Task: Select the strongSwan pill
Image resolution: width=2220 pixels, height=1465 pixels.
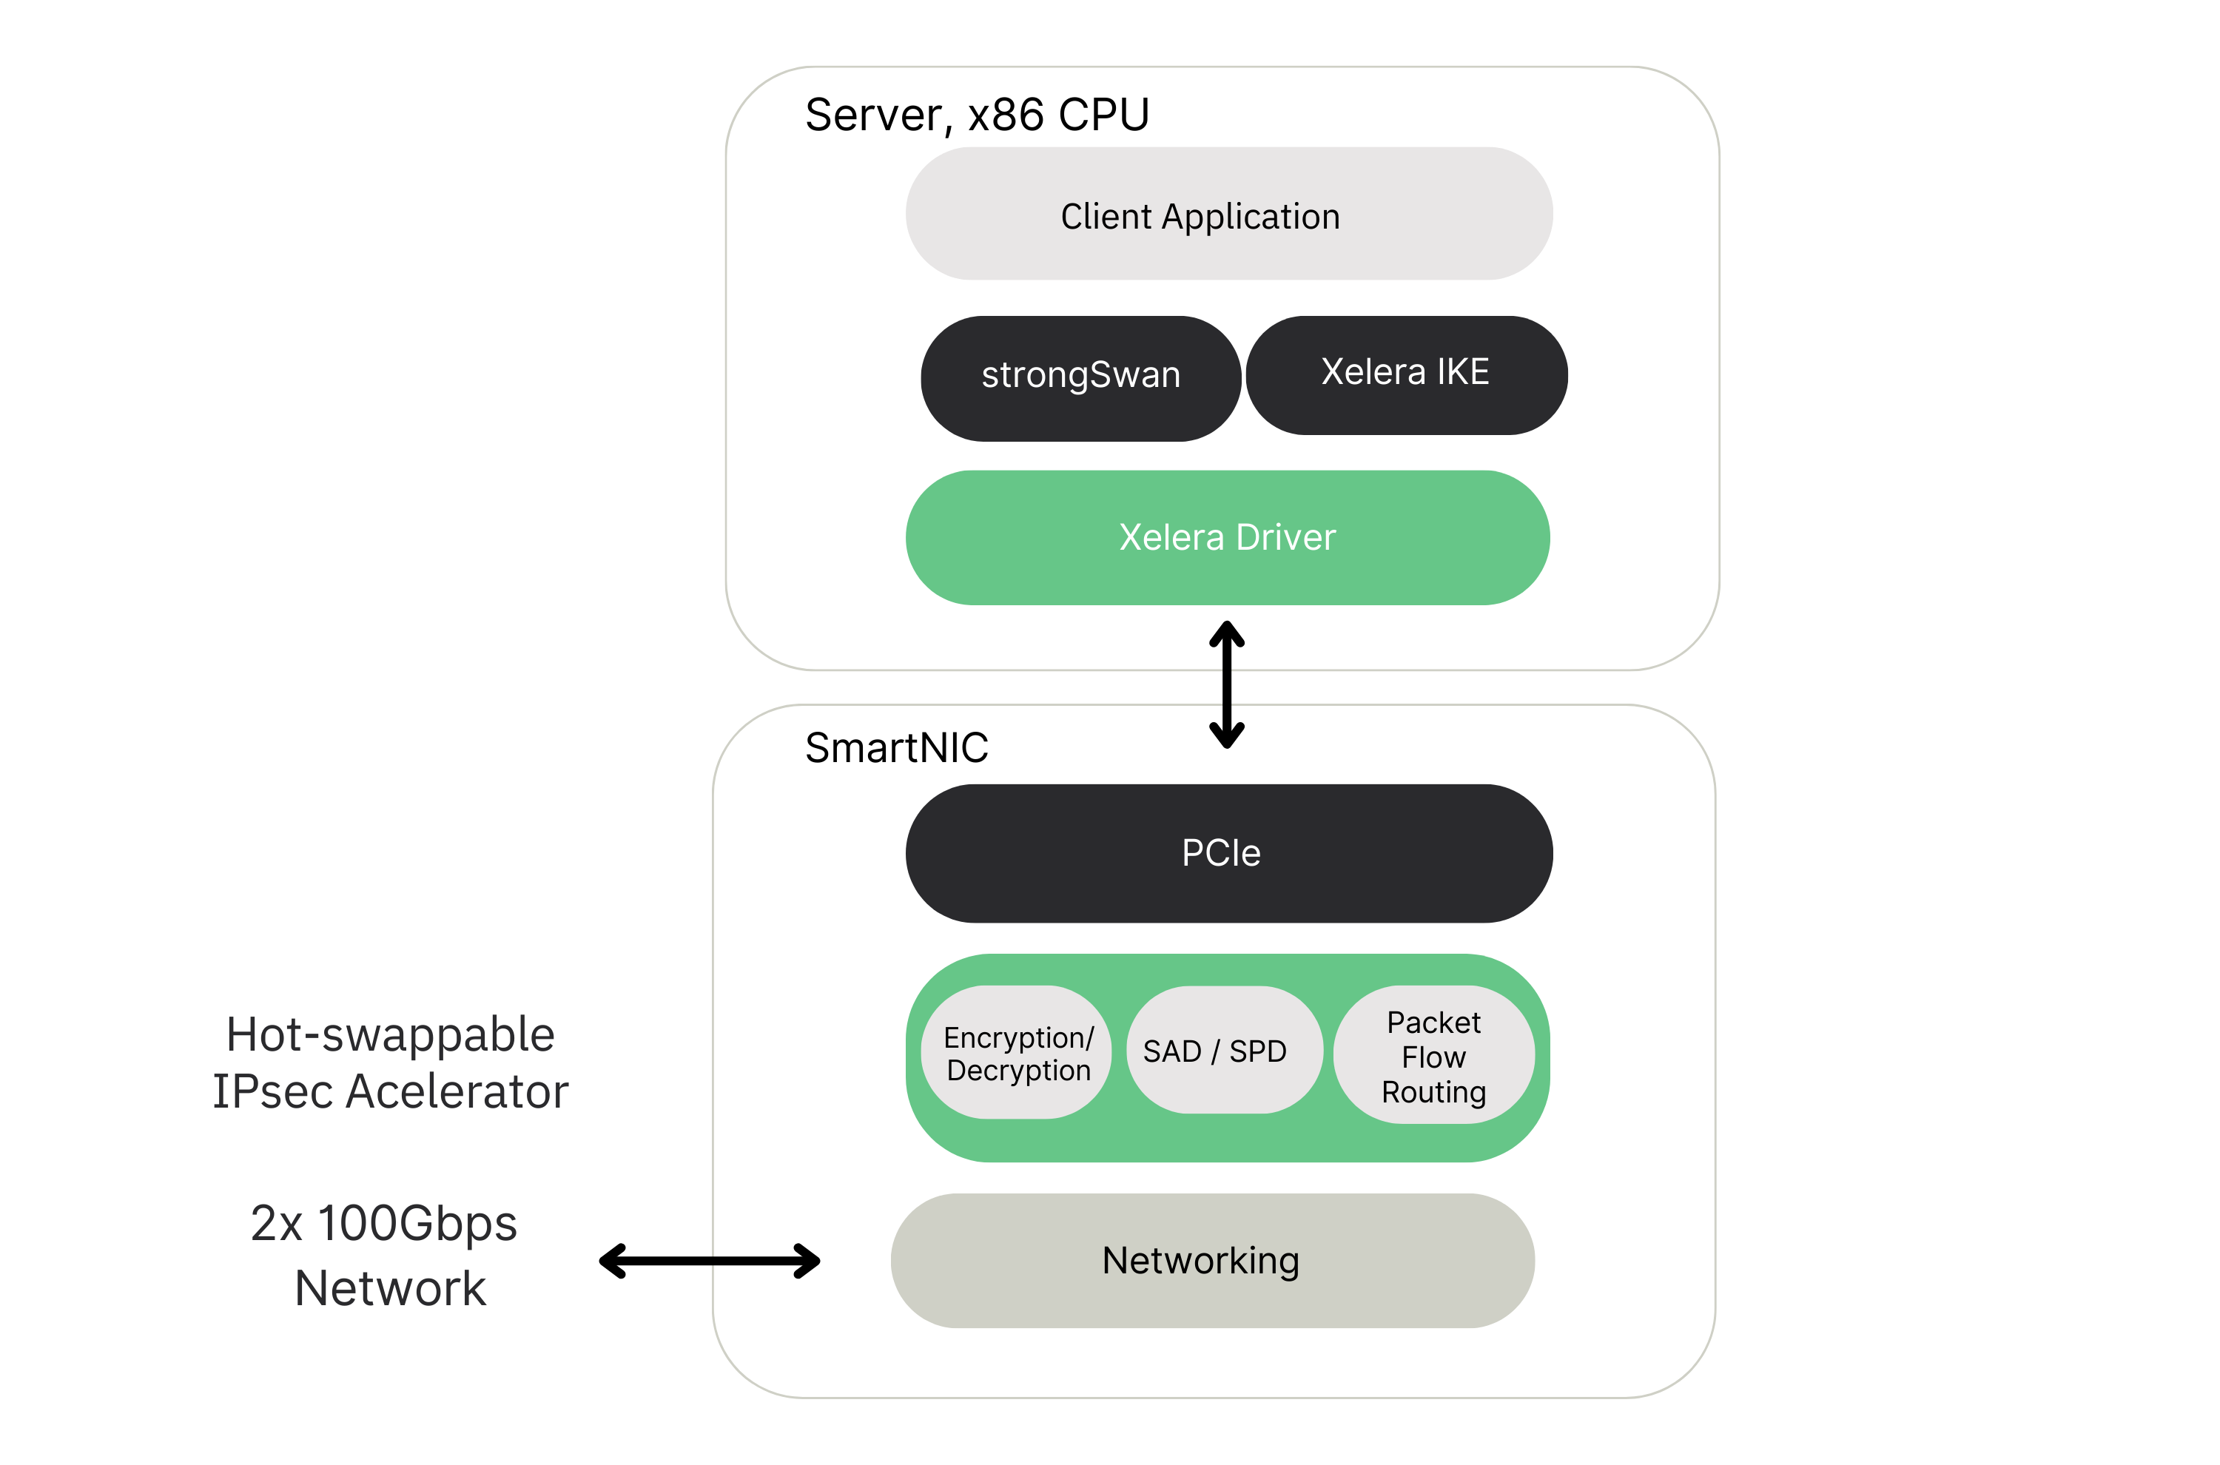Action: pos(1080,377)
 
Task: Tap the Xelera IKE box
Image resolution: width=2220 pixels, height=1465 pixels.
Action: pos(1405,374)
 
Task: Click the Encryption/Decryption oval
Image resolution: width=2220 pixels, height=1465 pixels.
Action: pos(1017,1053)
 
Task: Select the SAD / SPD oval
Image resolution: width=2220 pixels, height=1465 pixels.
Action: pos(1214,1051)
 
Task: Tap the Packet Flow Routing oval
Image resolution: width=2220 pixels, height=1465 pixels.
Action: pos(1433,1056)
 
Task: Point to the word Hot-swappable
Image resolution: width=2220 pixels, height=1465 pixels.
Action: pos(391,1035)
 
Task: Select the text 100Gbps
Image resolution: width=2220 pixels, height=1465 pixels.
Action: pos(417,1224)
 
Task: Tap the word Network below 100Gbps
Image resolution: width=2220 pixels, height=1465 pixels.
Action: pos(391,1288)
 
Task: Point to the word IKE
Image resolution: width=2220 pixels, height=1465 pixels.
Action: pos(1463,372)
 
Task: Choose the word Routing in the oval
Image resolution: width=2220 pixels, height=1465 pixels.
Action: pos(1433,1091)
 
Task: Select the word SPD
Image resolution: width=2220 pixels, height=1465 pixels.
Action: pos(1257,1052)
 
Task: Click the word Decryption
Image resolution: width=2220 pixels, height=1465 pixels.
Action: pos(1018,1071)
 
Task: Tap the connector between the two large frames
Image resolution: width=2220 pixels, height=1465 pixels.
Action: pos(1228,687)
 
